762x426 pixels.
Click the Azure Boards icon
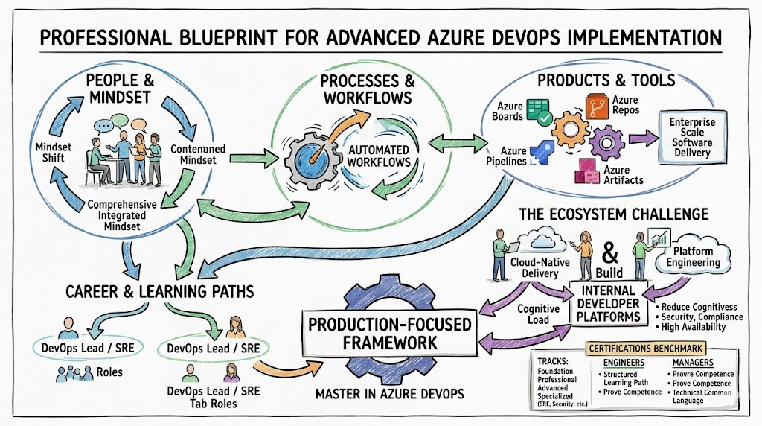click(x=539, y=112)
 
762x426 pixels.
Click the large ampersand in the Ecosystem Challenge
click(x=609, y=252)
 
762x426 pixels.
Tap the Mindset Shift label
click(x=54, y=153)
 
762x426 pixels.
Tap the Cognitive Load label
click(x=534, y=314)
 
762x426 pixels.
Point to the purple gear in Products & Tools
click(x=607, y=142)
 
